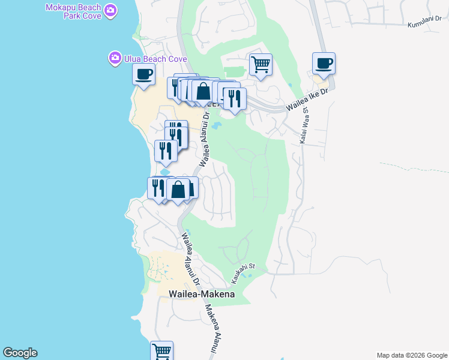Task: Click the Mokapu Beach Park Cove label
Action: click(73, 11)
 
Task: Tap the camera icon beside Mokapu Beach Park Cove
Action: click(110, 10)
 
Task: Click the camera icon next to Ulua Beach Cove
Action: click(114, 58)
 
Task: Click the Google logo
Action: click(20, 353)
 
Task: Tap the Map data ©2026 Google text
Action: click(412, 355)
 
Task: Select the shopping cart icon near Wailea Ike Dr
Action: click(261, 64)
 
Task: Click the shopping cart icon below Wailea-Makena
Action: click(161, 351)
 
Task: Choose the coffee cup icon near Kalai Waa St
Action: click(324, 62)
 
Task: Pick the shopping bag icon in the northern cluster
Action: click(203, 91)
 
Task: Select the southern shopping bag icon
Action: click(178, 189)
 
